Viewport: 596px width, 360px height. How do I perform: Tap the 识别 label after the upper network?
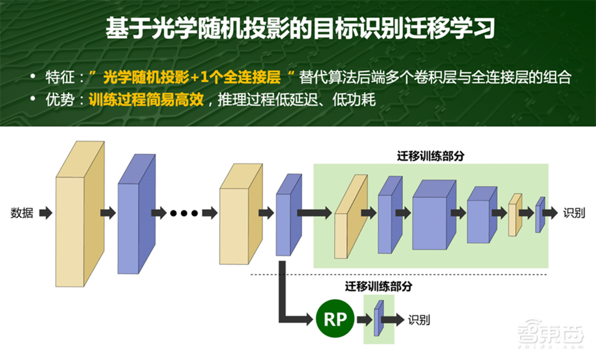(574, 213)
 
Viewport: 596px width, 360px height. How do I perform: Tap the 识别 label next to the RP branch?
(418, 319)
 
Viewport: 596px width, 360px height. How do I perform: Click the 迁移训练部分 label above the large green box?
(431, 156)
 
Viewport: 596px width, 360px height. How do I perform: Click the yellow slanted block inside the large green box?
(350, 217)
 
